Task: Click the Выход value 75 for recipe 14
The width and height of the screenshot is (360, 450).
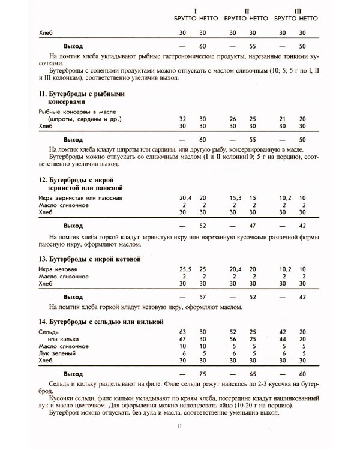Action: pyautogui.click(x=203, y=373)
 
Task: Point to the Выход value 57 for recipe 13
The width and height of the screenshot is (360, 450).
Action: pyautogui.click(x=203, y=296)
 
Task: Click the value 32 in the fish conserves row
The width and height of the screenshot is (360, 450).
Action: pyautogui.click(x=182, y=119)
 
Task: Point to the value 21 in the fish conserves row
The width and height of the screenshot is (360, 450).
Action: pyautogui.click(x=284, y=119)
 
